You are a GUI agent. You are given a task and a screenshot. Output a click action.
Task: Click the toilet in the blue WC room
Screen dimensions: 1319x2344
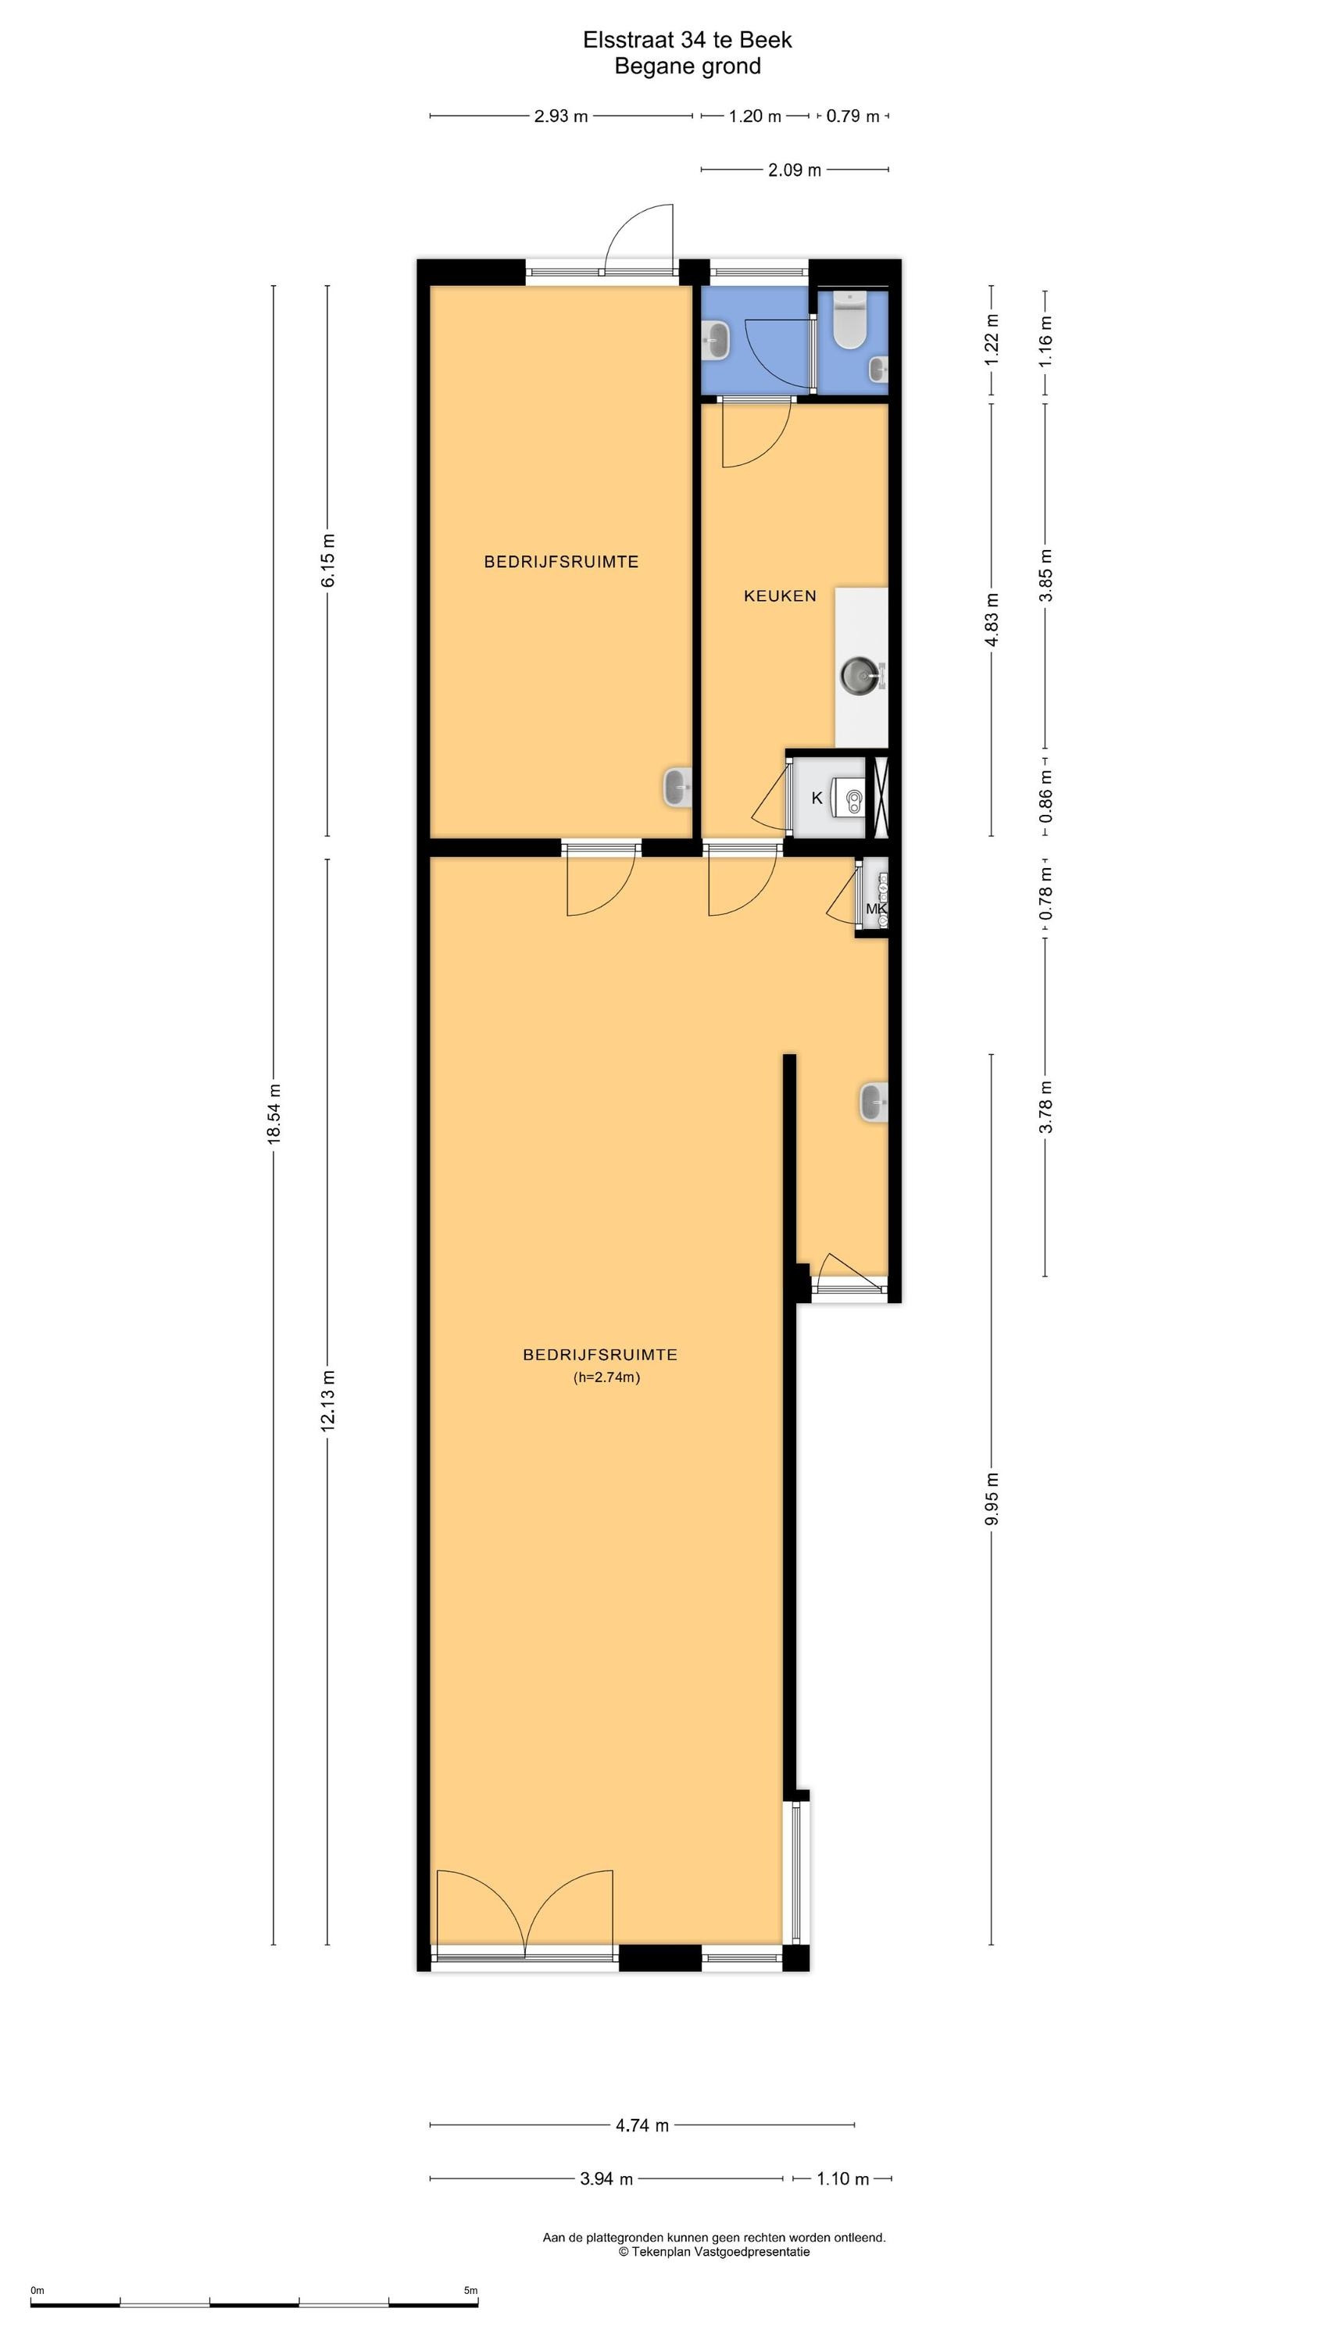tap(850, 320)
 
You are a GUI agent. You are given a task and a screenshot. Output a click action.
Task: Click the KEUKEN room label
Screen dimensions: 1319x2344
tap(780, 596)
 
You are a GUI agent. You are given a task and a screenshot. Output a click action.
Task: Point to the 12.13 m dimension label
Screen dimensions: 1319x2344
tap(327, 1401)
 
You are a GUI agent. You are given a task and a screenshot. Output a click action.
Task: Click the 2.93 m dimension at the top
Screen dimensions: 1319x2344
tap(561, 116)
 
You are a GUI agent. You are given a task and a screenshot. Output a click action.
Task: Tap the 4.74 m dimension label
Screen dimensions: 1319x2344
tap(642, 2125)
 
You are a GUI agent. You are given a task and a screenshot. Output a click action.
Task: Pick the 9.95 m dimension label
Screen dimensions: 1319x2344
tap(992, 1499)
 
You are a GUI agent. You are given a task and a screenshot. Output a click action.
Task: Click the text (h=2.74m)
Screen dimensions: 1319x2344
tap(606, 1377)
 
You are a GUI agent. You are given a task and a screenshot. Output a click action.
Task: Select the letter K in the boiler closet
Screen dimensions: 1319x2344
tap(817, 798)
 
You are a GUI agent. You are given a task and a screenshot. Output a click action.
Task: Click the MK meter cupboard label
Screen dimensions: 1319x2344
tap(876, 909)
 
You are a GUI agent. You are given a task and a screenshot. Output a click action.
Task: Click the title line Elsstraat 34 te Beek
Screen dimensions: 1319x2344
tap(688, 40)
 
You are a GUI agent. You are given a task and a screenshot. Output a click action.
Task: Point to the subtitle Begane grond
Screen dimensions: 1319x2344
tap(688, 66)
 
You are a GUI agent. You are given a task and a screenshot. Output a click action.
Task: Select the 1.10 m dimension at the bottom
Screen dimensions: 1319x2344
tap(842, 2178)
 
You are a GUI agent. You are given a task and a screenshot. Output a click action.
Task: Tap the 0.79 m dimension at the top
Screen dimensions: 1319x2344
tap(853, 116)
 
